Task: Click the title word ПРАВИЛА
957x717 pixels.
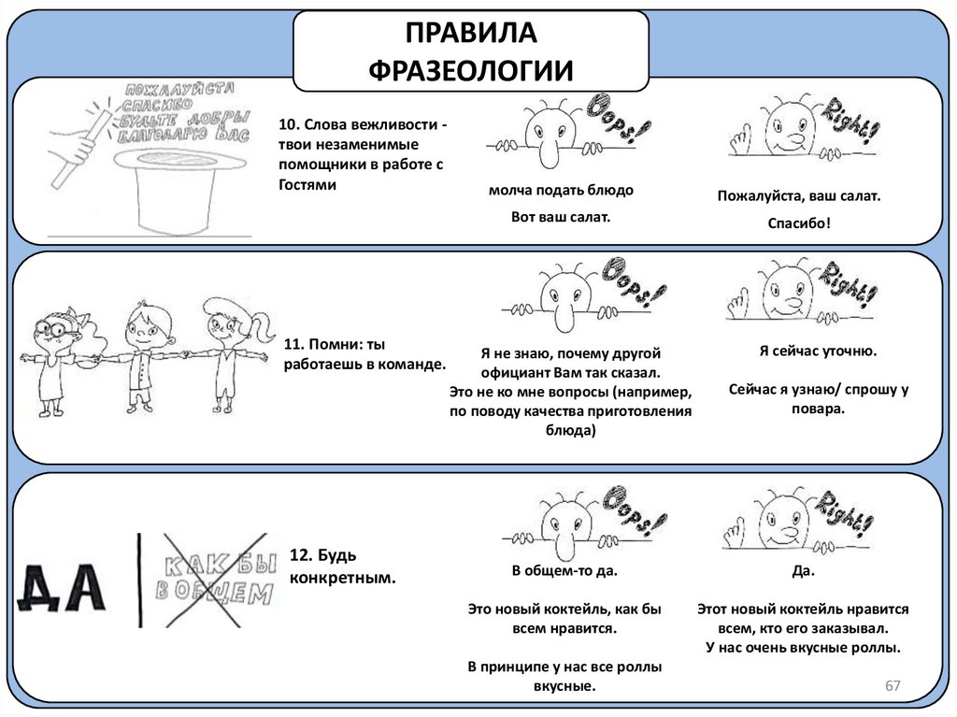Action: (471, 34)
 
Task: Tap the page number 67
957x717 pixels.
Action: (893, 687)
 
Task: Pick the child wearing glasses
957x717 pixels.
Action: (56, 355)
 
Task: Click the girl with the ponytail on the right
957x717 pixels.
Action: (224, 351)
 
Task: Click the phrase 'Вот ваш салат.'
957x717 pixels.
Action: (561, 217)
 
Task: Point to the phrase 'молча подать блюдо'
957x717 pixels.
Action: (561, 191)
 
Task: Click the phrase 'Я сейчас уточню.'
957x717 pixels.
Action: (817, 352)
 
